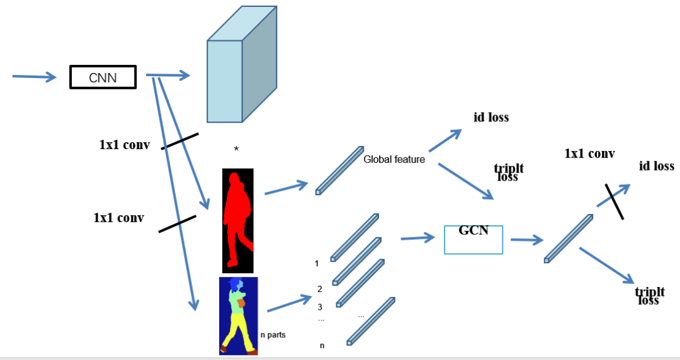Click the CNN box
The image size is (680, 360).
point(103,77)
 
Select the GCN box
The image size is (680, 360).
point(473,239)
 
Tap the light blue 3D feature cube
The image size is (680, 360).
point(242,64)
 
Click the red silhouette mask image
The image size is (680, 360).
point(238,220)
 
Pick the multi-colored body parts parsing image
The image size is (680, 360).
point(238,315)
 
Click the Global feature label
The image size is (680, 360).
point(394,160)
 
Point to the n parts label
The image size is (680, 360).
point(273,335)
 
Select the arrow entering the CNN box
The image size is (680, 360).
point(34,77)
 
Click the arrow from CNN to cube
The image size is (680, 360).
point(168,76)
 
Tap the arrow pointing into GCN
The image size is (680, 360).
point(418,238)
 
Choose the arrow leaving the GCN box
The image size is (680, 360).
point(526,240)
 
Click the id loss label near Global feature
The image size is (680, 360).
point(491,117)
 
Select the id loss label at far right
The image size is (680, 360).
point(656,166)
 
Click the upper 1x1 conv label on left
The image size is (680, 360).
point(125,145)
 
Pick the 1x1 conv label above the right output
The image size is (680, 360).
point(589,154)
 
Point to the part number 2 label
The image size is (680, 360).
point(320,289)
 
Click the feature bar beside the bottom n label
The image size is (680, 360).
point(371,320)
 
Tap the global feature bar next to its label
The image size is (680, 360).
point(339,170)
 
